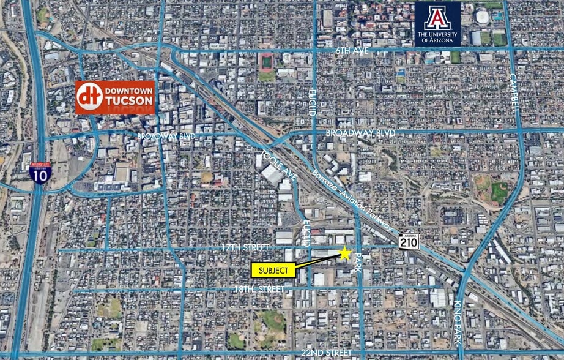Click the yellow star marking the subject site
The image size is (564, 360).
(345, 253)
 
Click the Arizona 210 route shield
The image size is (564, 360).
(409, 242)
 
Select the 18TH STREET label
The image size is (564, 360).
(259, 288)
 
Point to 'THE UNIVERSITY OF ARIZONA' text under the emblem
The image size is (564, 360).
(437, 38)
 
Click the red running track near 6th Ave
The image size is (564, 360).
(267, 62)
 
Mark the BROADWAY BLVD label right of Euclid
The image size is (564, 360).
(360, 133)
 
